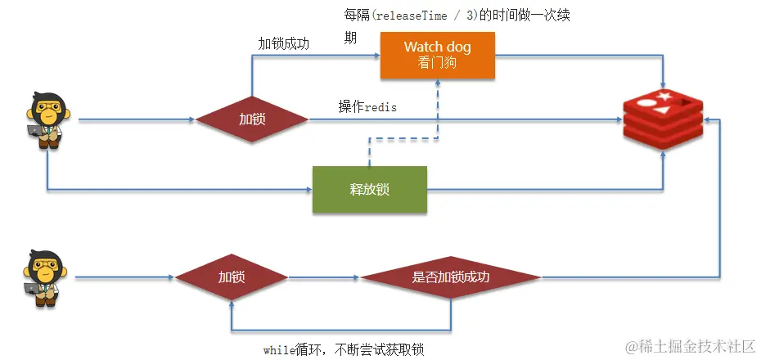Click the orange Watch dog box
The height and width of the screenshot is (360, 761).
tap(437, 55)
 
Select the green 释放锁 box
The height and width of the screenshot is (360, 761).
tap(369, 189)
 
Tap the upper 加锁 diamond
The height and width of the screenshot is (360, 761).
tap(252, 119)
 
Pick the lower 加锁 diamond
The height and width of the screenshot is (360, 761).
tap(232, 277)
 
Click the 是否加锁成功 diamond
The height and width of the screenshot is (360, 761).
tap(450, 277)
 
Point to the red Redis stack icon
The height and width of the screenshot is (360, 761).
tap(663, 119)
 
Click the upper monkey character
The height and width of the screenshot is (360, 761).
tap(47, 120)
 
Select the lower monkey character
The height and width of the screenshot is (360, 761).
tap(45, 278)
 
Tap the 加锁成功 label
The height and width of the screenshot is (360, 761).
tap(283, 44)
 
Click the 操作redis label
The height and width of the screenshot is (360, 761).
tap(367, 106)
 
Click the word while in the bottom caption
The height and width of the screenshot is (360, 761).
tap(279, 350)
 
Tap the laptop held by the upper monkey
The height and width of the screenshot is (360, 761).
tap(34, 131)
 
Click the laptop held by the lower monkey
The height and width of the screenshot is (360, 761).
tap(32, 289)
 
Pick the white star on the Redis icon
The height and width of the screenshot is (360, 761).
tap(664, 96)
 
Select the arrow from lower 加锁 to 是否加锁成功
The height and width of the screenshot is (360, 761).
tap(324, 278)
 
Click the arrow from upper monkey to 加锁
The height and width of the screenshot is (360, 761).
tap(137, 119)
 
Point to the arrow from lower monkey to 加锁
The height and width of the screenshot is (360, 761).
tap(124, 277)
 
